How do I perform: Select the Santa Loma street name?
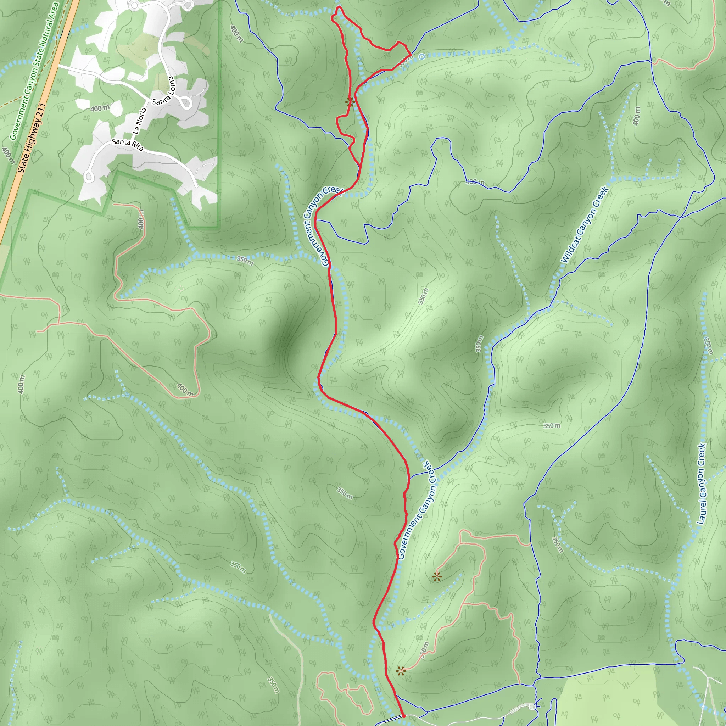click(164, 91)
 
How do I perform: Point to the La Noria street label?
click(139, 121)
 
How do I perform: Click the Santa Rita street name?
click(128, 145)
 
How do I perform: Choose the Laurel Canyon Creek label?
click(701, 484)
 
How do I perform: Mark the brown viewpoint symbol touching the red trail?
click(350, 102)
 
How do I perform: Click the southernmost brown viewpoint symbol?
click(401, 671)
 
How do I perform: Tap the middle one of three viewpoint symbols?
click(437, 577)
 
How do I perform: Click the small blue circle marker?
click(422, 57)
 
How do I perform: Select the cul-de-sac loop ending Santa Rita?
click(88, 176)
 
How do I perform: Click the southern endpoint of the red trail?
click(403, 716)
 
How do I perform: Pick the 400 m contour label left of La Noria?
click(100, 108)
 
